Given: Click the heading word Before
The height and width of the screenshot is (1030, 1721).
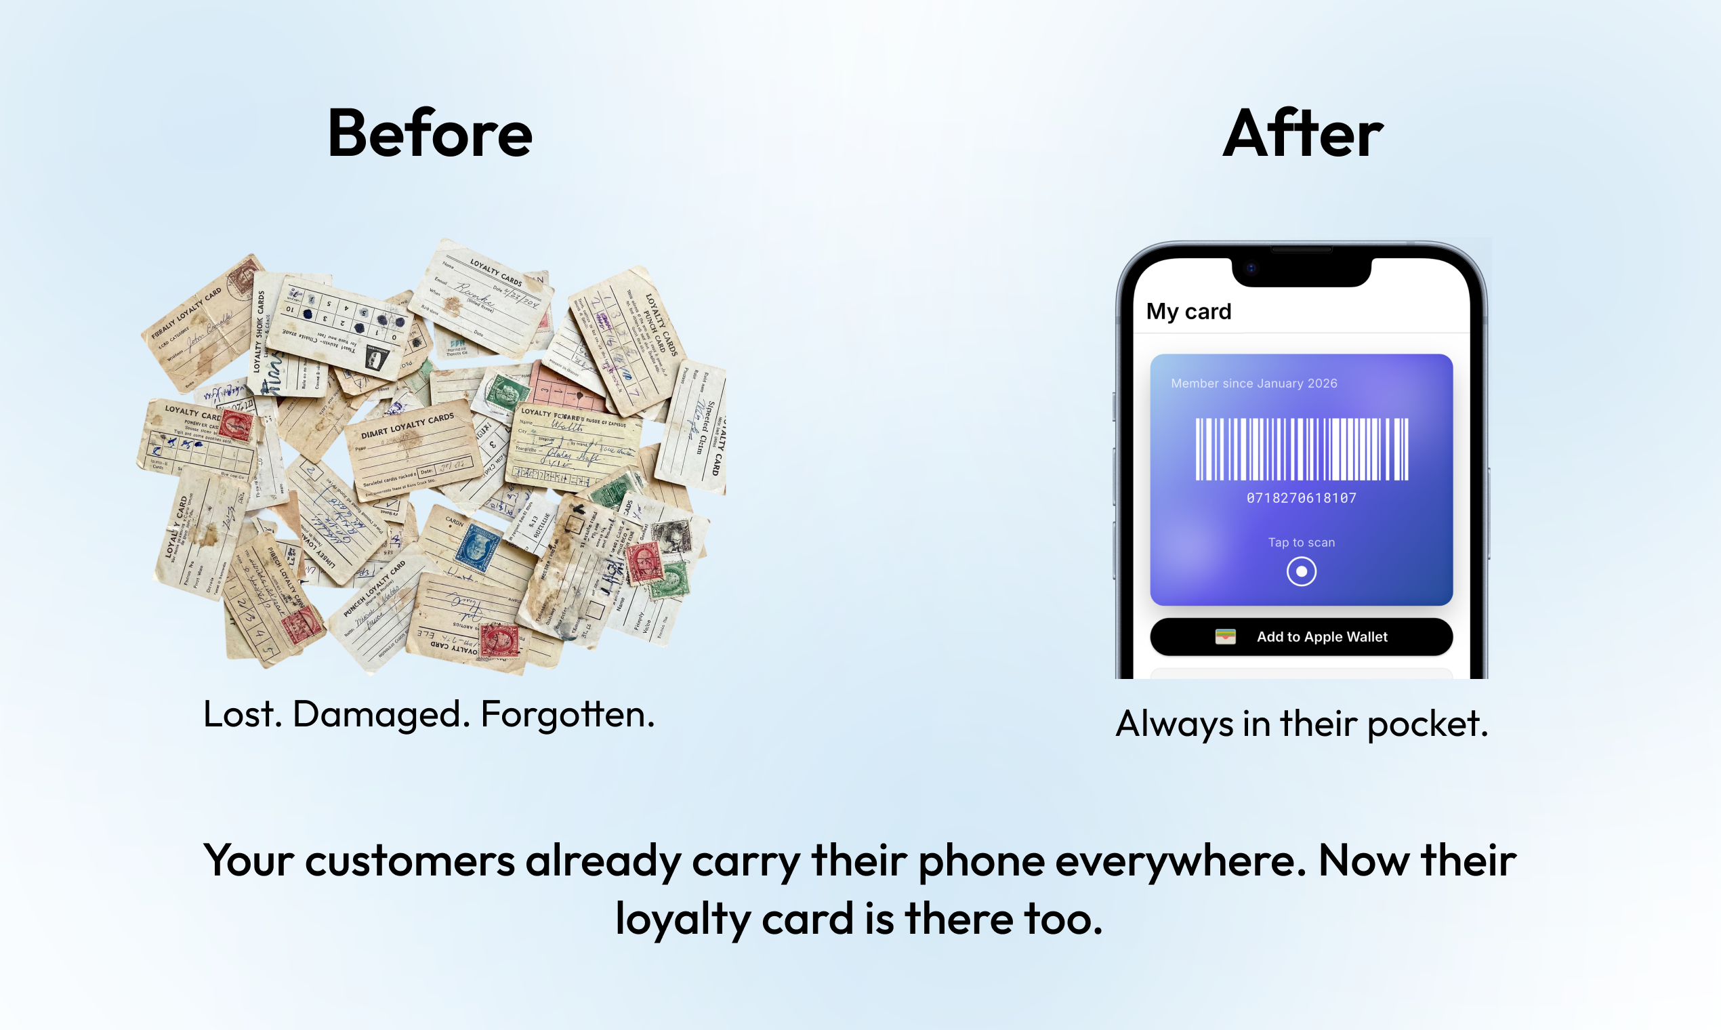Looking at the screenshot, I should tap(430, 134).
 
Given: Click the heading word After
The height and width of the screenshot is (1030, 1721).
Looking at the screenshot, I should tap(1302, 134).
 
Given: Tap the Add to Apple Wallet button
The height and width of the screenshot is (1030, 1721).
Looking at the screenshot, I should tap(1300, 636).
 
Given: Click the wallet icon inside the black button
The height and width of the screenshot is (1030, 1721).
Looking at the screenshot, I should tap(1225, 636).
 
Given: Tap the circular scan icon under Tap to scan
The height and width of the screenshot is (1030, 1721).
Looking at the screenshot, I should tap(1301, 571).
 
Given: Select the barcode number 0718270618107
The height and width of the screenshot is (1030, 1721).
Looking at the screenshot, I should tap(1301, 497).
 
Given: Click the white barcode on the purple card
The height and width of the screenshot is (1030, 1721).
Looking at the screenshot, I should tap(1301, 449).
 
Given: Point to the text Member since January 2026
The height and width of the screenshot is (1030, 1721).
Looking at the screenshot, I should tap(1253, 383).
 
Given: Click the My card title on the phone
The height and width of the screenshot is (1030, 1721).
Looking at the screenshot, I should tap(1188, 312).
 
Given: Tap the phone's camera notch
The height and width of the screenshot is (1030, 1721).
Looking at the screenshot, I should tap(1301, 270).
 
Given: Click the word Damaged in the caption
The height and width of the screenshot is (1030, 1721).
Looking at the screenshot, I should tap(377, 714).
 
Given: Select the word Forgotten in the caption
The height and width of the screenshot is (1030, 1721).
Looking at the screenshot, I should tap(567, 714).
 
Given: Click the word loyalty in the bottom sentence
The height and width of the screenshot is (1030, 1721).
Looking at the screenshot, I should tap(683, 920).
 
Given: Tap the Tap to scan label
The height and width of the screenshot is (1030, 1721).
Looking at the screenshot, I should tap(1301, 542).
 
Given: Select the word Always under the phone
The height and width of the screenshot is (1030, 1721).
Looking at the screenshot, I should tap(1174, 724).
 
